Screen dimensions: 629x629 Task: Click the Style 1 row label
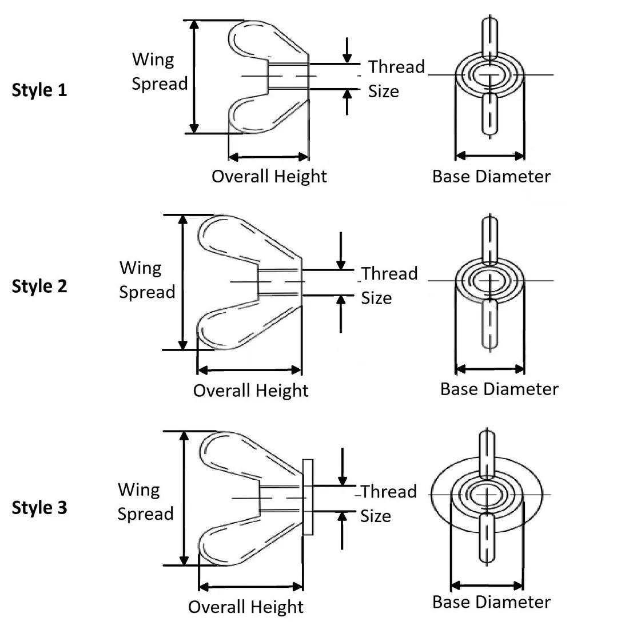pos(39,90)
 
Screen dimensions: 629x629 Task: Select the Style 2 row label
pos(39,286)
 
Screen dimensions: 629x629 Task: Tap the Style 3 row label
pos(39,507)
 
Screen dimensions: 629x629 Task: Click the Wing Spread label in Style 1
pos(160,71)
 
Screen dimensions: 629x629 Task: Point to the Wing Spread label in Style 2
pos(147,280)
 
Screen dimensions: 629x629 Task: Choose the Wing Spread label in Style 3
pos(145,501)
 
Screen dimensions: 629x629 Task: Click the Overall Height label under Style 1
pos(269,176)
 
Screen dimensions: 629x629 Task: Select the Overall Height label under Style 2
pos(250,391)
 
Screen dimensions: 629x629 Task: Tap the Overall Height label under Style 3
pos(245,607)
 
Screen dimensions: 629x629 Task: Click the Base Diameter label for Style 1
pos(491,176)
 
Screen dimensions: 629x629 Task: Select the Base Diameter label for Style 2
pos(499,389)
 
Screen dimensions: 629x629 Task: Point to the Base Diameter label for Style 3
pos(491,602)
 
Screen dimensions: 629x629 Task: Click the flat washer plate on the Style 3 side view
pos(308,496)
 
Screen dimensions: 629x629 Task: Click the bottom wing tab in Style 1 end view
pos(489,114)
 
